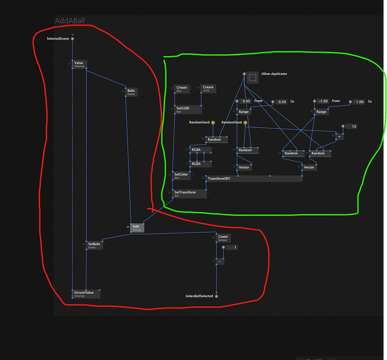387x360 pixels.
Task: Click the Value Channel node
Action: pyautogui.click(x=79, y=64)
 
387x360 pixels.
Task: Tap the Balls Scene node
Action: pyautogui.click(x=131, y=91)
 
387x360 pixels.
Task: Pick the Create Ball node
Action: pyautogui.click(x=181, y=89)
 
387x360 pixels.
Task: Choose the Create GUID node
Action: pyautogui.click(x=208, y=89)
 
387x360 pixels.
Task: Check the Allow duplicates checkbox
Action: pyautogui.click(x=252, y=77)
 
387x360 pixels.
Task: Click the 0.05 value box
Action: pyautogui.click(x=246, y=101)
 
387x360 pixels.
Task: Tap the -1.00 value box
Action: pyautogui.click(x=323, y=101)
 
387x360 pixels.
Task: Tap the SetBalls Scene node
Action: pyautogui.click(x=94, y=245)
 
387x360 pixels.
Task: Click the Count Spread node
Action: pyautogui.click(x=223, y=238)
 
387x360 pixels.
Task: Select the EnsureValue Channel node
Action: pyautogui.click(x=87, y=294)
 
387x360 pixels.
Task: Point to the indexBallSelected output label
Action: pyautogui.click(x=200, y=296)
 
